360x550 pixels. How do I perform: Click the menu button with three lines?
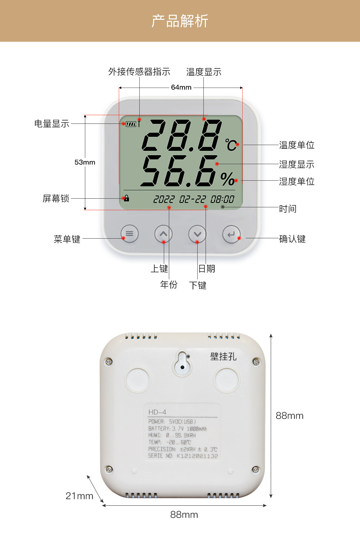130,234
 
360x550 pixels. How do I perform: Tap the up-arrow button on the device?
163,234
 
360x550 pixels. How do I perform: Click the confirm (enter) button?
231,234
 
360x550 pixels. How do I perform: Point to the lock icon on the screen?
126,198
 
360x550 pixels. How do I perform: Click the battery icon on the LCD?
131,124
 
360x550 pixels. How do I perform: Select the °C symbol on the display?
231,145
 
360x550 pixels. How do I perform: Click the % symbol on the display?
227,179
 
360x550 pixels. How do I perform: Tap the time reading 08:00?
222,199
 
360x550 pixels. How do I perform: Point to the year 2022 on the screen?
164,199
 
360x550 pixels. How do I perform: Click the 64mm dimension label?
181,87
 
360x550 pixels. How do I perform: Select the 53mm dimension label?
85,162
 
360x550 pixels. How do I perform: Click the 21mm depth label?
79,496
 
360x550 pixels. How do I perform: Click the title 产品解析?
180,21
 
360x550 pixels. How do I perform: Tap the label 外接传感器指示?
139,72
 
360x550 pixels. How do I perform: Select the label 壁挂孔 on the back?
223,356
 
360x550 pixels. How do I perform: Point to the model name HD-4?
157,412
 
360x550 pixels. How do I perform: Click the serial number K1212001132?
197,456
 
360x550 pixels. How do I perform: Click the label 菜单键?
67,239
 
